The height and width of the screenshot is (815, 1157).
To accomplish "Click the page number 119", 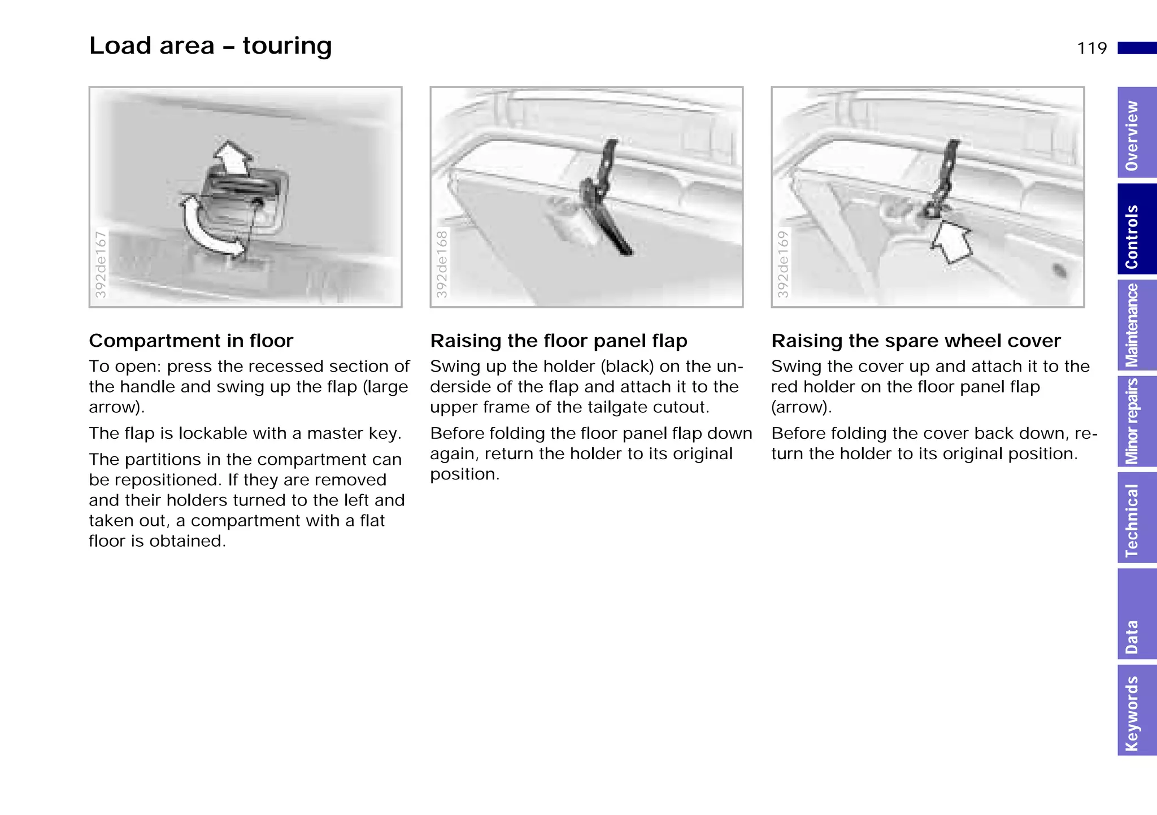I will [1091, 49].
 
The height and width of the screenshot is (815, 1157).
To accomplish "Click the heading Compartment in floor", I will [191, 341].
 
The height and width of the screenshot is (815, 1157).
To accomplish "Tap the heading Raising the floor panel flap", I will [558, 341].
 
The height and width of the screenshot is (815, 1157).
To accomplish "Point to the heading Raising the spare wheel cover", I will [916, 341].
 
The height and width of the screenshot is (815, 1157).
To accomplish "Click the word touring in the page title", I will [287, 46].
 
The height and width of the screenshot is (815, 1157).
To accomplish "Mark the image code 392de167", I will [101, 264].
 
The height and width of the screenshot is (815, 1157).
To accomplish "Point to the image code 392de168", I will [442, 264].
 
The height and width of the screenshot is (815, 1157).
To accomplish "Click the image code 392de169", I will [783, 264].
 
